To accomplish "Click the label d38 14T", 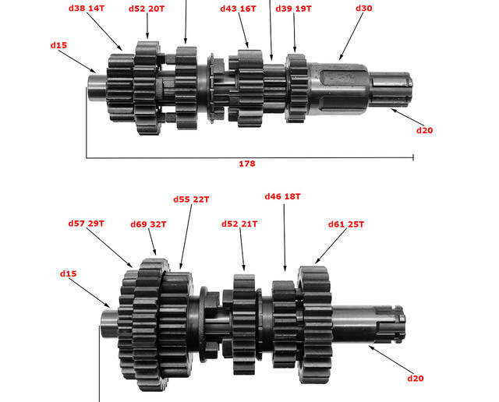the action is pyautogui.click(x=87, y=9).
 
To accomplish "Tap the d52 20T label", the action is pyautogui.click(x=147, y=9).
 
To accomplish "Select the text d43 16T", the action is pyautogui.click(x=238, y=9).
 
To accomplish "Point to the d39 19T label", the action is pyautogui.click(x=293, y=9).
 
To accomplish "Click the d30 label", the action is pyautogui.click(x=364, y=9).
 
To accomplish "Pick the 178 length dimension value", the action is pyautogui.click(x=247, y=164).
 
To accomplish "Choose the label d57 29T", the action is pyautogui.click(x=87, y=224).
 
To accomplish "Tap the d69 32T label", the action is pyautogui.click(x=148, y=224).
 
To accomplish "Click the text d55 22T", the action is pyautogui.click(x=191, y=199).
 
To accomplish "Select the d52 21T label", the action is pyautogui.click(x=239, y=224).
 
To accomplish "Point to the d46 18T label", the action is pyautogui.click(x=282, y=196).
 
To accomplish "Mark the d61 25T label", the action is pyautogui.click(x=346, y=224).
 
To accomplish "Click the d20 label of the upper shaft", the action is pyautogui.click(x=424, y=130).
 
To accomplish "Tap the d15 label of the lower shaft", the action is pyautogui.click(x=68, y=273).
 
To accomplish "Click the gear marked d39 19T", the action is pyautogui.click(x=296, y=88).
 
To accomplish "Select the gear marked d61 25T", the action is pyautogui.click(x=315, y=324).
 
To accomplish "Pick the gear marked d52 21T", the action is pyautogui.click(x=244, y=324).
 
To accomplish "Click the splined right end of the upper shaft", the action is pyautogui.click(x=391, y=90).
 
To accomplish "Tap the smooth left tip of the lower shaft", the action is pyautogui.click(x=109, y=324).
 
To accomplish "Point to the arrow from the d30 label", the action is pyautogui.click(x=351, y=37).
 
